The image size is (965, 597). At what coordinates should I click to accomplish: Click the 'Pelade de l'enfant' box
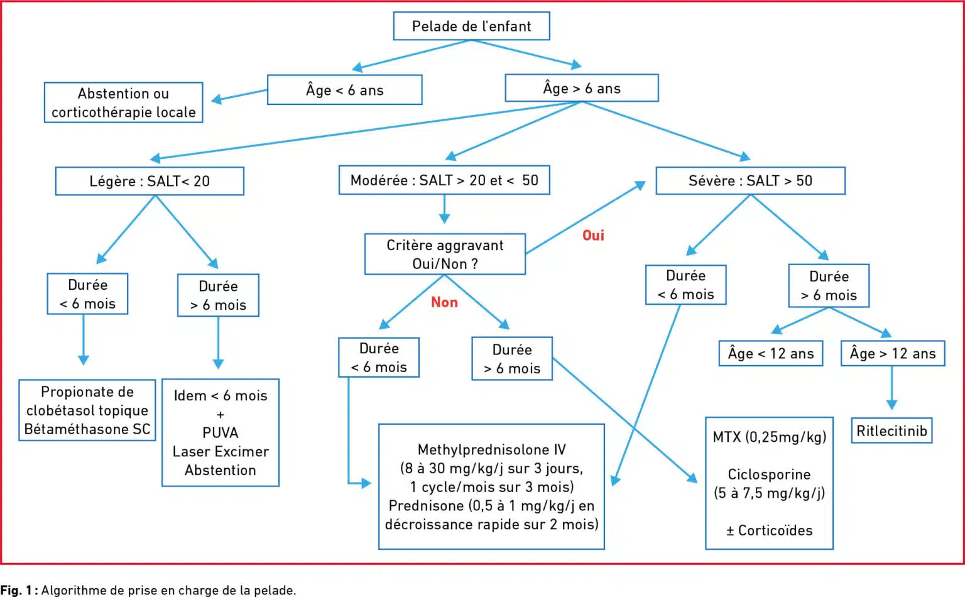tap(471, 26)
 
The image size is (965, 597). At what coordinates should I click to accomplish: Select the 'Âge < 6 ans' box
tap(345, 90)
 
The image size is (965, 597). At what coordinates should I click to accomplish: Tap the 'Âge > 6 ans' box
tap(582, 88)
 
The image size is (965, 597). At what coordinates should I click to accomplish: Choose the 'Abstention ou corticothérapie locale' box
tap(124, 102)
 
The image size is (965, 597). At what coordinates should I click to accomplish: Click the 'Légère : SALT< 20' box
tap(150, 181)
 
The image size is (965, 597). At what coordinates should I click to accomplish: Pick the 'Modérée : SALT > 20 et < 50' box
tap(444, 180)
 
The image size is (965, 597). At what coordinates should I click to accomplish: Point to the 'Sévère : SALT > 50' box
tap(751, 180)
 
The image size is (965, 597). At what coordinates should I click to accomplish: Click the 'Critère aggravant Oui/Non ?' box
tap(445, 254)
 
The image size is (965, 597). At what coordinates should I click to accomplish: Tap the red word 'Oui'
tap(593, 236)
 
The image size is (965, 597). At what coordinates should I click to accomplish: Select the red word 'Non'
tap(444, 302)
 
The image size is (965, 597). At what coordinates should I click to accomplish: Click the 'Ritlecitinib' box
tap(891, 430)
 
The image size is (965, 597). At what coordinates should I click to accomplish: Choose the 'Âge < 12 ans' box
tap(771, 353)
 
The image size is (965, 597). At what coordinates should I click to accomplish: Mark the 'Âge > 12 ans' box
tap(893, 353)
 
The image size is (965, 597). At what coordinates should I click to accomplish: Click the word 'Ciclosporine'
tap(770, 474)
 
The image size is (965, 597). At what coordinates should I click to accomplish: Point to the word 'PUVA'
tap(220, 432)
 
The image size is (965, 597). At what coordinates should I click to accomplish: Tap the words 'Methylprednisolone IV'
tap(491, 449)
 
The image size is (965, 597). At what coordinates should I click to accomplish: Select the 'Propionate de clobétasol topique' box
tap(87, 410)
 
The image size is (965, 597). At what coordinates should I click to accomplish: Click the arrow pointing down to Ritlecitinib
tap(891, 388)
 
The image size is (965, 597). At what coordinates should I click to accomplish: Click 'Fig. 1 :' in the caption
tap(19, 590)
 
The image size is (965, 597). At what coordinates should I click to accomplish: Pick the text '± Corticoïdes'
tap(770, 530)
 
